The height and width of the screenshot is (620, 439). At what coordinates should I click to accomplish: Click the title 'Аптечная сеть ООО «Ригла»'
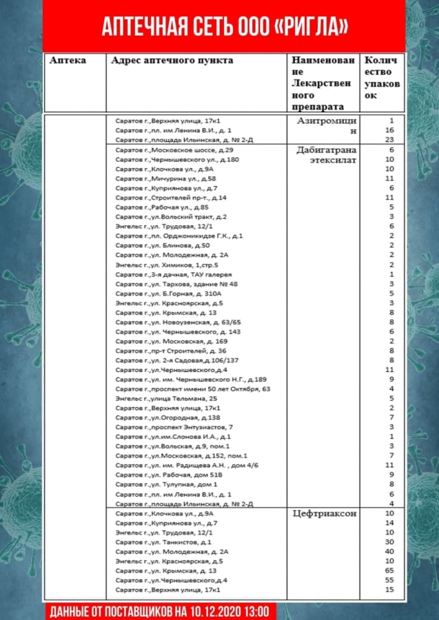coord(224,27)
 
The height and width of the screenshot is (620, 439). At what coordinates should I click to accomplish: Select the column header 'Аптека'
coord(68,61)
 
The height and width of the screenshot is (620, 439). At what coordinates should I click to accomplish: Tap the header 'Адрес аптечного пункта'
coord(172,61)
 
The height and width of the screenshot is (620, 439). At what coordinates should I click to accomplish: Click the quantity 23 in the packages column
coord(389,139)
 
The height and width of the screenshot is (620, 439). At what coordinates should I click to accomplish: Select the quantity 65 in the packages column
coord(389,571)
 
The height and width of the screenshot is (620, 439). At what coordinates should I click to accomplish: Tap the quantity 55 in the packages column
coord(389,581)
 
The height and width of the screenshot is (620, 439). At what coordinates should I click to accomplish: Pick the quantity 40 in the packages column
coord(389,552)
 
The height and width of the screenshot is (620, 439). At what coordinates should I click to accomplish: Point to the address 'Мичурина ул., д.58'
coord(165,178)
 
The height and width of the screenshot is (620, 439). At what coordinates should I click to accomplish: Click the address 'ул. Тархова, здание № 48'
coord(176,284)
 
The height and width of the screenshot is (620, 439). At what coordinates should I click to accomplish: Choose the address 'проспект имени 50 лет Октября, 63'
coord(193,389)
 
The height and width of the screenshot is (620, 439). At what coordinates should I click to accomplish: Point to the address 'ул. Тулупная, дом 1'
coord(166,484)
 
